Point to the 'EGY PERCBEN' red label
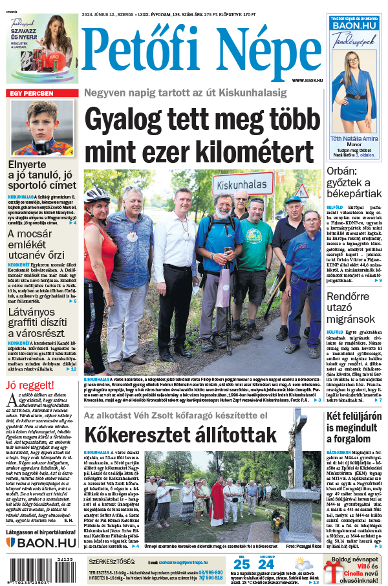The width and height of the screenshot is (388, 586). [31, 93]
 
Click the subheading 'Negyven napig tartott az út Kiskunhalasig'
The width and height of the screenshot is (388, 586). [185, 93]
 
